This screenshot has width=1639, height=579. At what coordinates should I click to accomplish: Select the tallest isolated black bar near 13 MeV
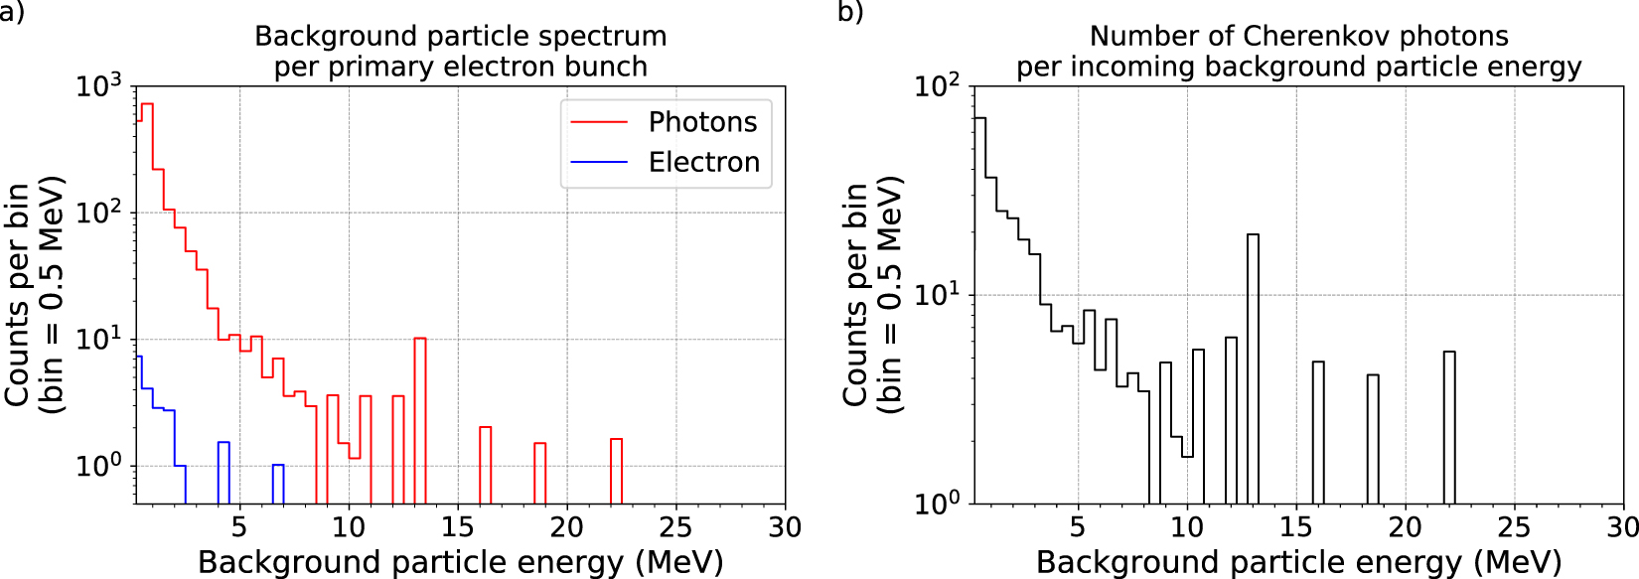tap(1253, 367)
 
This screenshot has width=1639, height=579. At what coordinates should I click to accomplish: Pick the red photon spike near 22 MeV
tap(616, 471)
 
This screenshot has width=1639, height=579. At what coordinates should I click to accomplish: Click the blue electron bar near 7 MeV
tap(278, 484)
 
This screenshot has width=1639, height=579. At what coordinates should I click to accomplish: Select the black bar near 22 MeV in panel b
tap(1449, 427)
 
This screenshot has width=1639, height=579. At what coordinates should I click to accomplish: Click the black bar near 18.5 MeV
tap(1373, 439)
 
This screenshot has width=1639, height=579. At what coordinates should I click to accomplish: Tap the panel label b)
tap(850, 12)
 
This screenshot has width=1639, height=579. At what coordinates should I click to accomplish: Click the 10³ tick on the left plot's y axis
tap(98, 86)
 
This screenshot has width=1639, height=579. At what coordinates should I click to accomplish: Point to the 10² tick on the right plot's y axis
tap(937, 86)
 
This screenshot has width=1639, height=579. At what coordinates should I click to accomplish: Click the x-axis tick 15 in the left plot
tap(458, 527)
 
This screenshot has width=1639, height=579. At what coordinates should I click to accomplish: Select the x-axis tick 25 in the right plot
tap(1514, 527)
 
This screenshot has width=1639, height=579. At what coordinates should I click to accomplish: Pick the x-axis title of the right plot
tap(1298, 562)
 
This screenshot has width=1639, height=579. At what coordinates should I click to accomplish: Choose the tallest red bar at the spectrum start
tap(147, 298)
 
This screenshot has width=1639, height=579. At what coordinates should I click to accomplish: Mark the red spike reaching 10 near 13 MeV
tap(420, 417)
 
